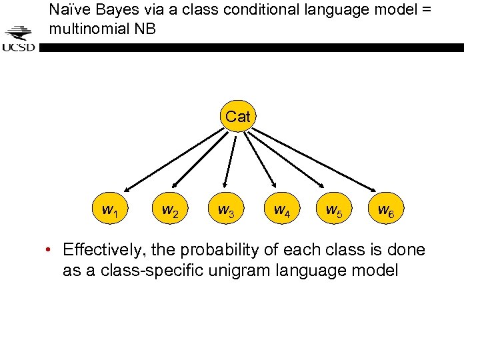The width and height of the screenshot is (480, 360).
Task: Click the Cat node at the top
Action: (x=237, y=117)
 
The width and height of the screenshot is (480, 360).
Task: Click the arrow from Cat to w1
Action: (x=175, y=160)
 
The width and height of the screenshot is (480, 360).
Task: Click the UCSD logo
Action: (x=19, y=39)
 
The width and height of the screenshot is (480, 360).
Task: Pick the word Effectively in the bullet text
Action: (x=103, y=251)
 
